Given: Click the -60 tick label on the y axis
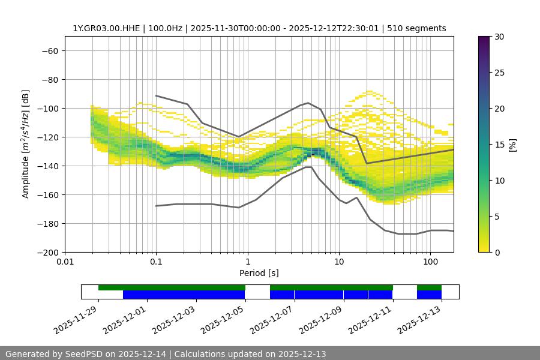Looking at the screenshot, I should (x=49, y=50).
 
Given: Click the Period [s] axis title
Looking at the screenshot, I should (x=259, y=273).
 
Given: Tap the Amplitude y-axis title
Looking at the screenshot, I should (x=26, y=144).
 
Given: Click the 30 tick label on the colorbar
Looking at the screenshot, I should (x=499, y=37).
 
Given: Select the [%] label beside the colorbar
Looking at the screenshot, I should (x=512, y=145).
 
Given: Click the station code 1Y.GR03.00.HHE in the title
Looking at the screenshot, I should (x=107, y=28).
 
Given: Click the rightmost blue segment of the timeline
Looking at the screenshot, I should (x=429, y=295).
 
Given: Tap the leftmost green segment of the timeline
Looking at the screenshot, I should (x=172, y=287).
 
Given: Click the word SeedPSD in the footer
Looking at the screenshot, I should (x=83, y=354).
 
